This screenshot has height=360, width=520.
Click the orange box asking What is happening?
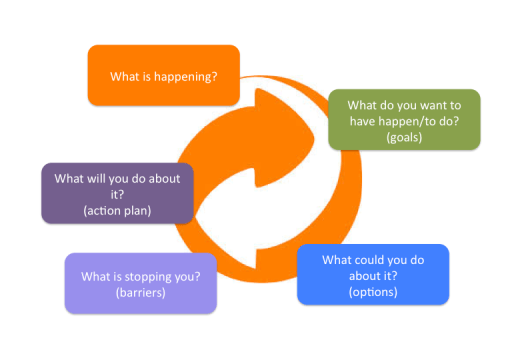164,74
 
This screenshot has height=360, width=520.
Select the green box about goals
404,120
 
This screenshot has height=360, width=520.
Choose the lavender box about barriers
140,282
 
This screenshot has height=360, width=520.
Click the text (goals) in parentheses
403,137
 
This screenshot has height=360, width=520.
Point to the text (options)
373,291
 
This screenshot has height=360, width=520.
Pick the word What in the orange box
124,75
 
